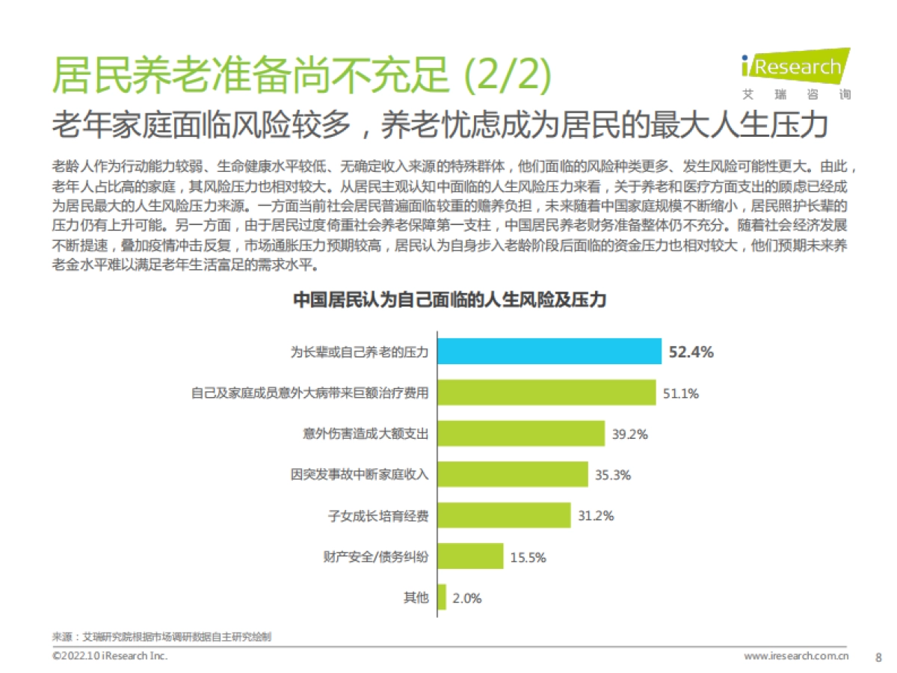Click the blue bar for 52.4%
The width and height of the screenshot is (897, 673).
click(549, 351)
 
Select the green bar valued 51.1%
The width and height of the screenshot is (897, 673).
click(546, 393)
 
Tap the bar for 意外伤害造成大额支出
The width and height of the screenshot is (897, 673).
click(520, 434)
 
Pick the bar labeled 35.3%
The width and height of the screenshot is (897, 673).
click(512, 474)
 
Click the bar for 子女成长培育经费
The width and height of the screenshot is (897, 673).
click(505, 515)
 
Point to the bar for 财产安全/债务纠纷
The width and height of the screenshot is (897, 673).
click(470, 556)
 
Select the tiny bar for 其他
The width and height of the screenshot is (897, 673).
click(442, 597)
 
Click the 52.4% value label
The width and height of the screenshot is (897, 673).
click(691, 352)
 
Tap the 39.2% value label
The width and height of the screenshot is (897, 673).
click(629, 434)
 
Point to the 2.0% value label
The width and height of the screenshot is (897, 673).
click(467, 597)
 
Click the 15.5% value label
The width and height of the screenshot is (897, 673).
click(528, 557)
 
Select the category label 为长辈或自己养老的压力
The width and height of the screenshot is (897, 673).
click(360, 352)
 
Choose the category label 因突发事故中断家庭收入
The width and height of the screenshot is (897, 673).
click(360, 475)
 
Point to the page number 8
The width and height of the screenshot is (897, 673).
click(878, 657)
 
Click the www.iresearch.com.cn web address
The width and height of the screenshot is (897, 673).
click(796, 657)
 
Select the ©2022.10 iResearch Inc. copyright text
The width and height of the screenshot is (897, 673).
click(110, 656)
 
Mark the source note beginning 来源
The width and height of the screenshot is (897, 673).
click(161, 637)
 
